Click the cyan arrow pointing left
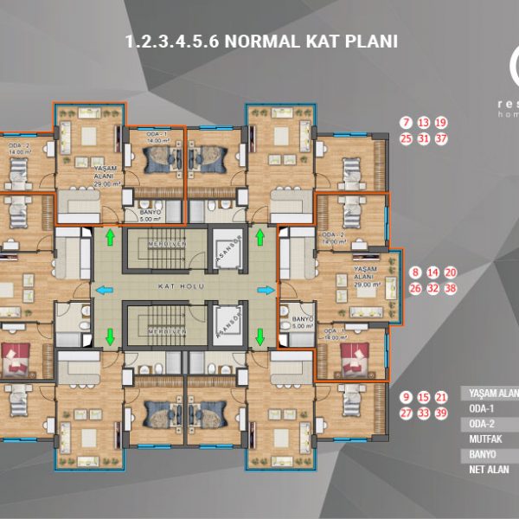(101, 290)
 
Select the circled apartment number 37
(441, 138)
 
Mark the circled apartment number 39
(441, 413)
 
